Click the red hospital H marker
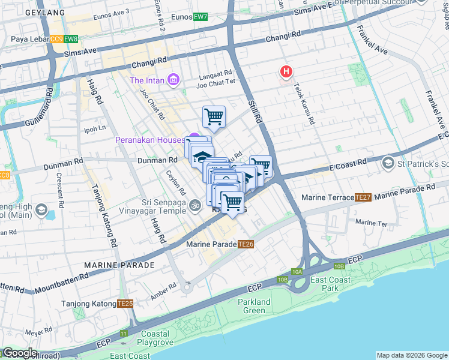point(286,73)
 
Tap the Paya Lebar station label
point(30,40)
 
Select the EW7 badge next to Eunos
point(200,16)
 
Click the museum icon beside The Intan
point(173,80)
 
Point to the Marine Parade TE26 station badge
point(246,244)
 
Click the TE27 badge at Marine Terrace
point(363,197)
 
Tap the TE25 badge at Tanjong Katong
point(125,304)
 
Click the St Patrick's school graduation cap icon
point(388,163)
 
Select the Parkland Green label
point(254,306)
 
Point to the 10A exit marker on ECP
point(297,272)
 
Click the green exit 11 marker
point(124,333)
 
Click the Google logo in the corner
point(19,353)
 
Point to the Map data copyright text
point(412,355)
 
